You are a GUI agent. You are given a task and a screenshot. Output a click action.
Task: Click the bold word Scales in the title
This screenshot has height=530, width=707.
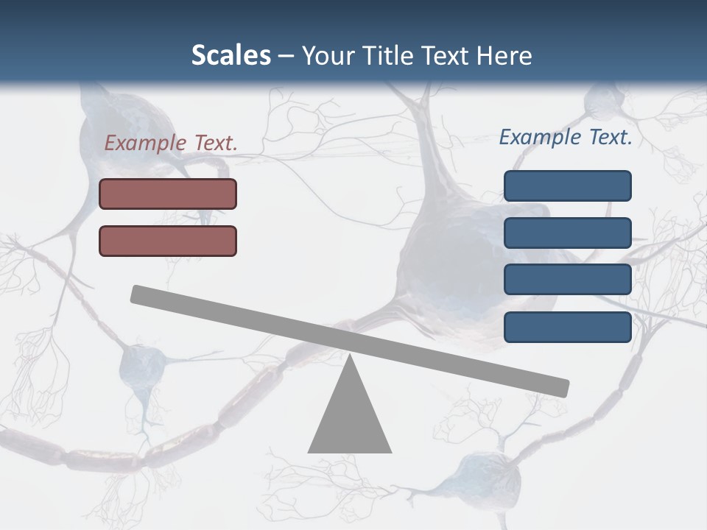[x=231, y=55]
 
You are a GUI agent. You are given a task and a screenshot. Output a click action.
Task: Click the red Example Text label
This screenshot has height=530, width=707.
[x=171, y=143]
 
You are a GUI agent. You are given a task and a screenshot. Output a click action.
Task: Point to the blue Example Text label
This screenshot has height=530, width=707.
[x=566, y=137]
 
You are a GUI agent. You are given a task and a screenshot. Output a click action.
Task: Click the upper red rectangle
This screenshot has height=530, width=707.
[x=168, y=194]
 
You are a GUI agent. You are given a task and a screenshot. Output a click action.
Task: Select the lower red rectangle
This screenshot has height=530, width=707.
[x=168, y=241]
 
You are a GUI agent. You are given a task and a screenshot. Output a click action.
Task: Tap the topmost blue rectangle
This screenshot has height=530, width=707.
[x=567, y=185]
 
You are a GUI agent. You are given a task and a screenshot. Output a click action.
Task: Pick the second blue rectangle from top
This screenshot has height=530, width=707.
[x=567, y=233]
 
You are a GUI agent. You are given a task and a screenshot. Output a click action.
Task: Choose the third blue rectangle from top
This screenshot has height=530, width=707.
[x=567, y=280]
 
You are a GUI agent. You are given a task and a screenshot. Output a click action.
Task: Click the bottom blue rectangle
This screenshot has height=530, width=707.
[x=567, y=327]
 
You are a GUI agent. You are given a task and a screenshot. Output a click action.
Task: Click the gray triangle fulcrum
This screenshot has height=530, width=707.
[x=350, y=420]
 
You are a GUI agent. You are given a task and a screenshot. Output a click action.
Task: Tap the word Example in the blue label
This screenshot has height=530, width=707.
[x=540, y=137]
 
